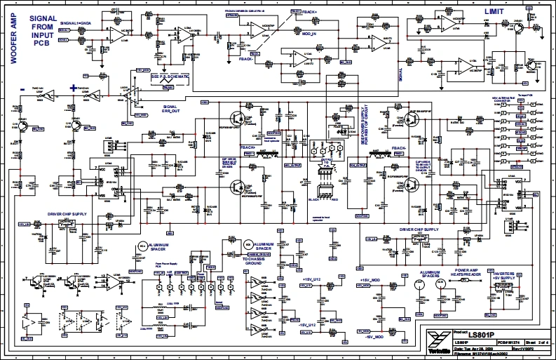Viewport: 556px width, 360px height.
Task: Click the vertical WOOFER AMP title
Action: (x=13, y=43)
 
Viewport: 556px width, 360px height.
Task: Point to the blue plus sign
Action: (x=72, y=87)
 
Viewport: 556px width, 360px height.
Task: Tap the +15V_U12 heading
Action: (x=310, y=279)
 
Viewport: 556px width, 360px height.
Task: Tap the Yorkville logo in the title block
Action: (x=435, y=342)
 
